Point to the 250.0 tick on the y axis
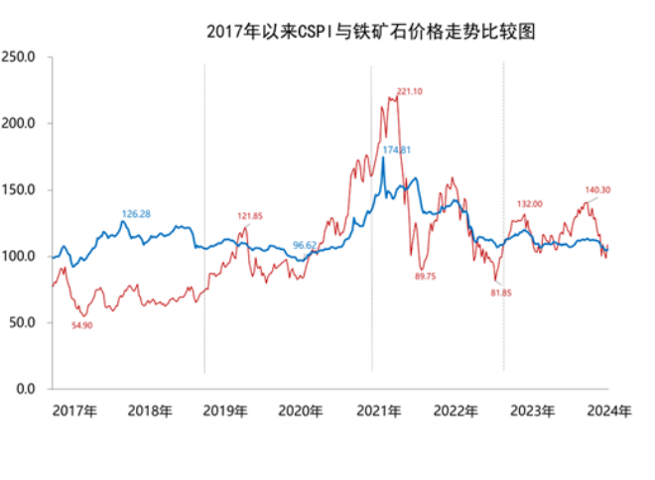20,58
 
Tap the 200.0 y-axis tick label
20,124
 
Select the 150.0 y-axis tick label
20,190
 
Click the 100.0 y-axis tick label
20,256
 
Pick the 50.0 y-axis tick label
23,322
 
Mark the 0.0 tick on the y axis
26,389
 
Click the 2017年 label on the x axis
75,411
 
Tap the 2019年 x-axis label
225,411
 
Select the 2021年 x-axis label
380,411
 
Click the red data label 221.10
409,91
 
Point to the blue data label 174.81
396,150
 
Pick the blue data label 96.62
305,244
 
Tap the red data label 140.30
597,189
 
